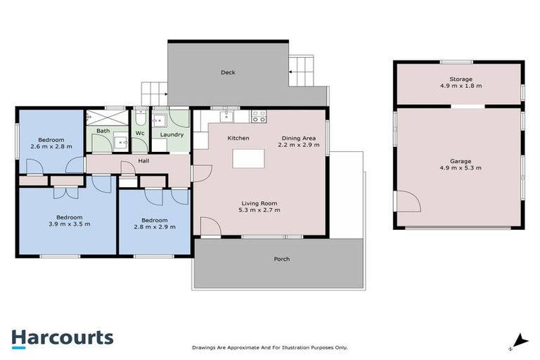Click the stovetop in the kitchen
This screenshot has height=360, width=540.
[259, 117]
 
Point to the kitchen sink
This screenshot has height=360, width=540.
[226, 116]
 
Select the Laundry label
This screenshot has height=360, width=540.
[172, 134]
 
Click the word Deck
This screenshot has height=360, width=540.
[228, 72]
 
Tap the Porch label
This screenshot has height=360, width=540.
[281, 259]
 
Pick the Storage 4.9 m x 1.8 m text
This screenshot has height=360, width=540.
[461, 84]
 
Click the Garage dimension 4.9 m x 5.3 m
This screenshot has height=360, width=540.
[461, 169]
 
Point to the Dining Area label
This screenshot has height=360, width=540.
[299, 141]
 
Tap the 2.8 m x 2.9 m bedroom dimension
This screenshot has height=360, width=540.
[154, 226]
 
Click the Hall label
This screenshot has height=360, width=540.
[143, 161]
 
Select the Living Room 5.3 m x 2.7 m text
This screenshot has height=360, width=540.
[260, 206]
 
